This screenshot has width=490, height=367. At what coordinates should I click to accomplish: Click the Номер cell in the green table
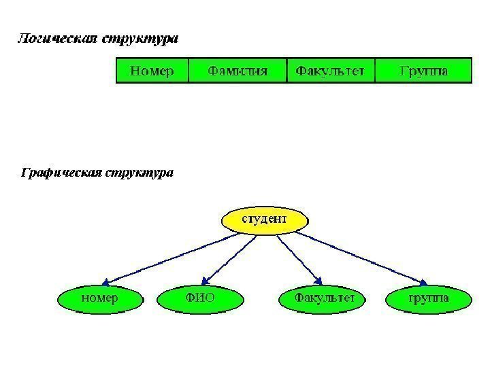coord(152,70)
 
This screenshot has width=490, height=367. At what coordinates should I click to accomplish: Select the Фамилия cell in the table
coord(238,70)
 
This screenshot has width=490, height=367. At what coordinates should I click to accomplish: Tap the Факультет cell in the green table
coord(331,70)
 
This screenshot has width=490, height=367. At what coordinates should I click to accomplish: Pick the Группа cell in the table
coord(423,70)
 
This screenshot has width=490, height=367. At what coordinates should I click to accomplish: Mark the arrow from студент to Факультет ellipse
coord(299,257)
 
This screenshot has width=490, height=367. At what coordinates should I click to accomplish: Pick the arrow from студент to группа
coord(361,257)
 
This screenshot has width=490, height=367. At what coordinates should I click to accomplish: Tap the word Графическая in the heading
coord(60,173)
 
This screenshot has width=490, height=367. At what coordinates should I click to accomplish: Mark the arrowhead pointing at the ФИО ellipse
coord(207,281)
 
